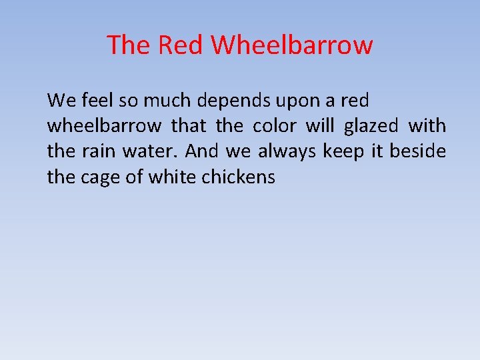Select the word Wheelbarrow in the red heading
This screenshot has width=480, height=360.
tap(292, 45)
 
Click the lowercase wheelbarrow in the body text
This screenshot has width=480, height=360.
tap(104, 126)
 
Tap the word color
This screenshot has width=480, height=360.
tap(274, 126)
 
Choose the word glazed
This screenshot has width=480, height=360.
tap(371, 127)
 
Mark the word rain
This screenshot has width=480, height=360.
tap(99, 151)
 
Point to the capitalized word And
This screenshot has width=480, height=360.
tap(202, 151)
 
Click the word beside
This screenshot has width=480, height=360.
tap(418, 151)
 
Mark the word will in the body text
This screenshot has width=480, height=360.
tap(319, 126)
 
